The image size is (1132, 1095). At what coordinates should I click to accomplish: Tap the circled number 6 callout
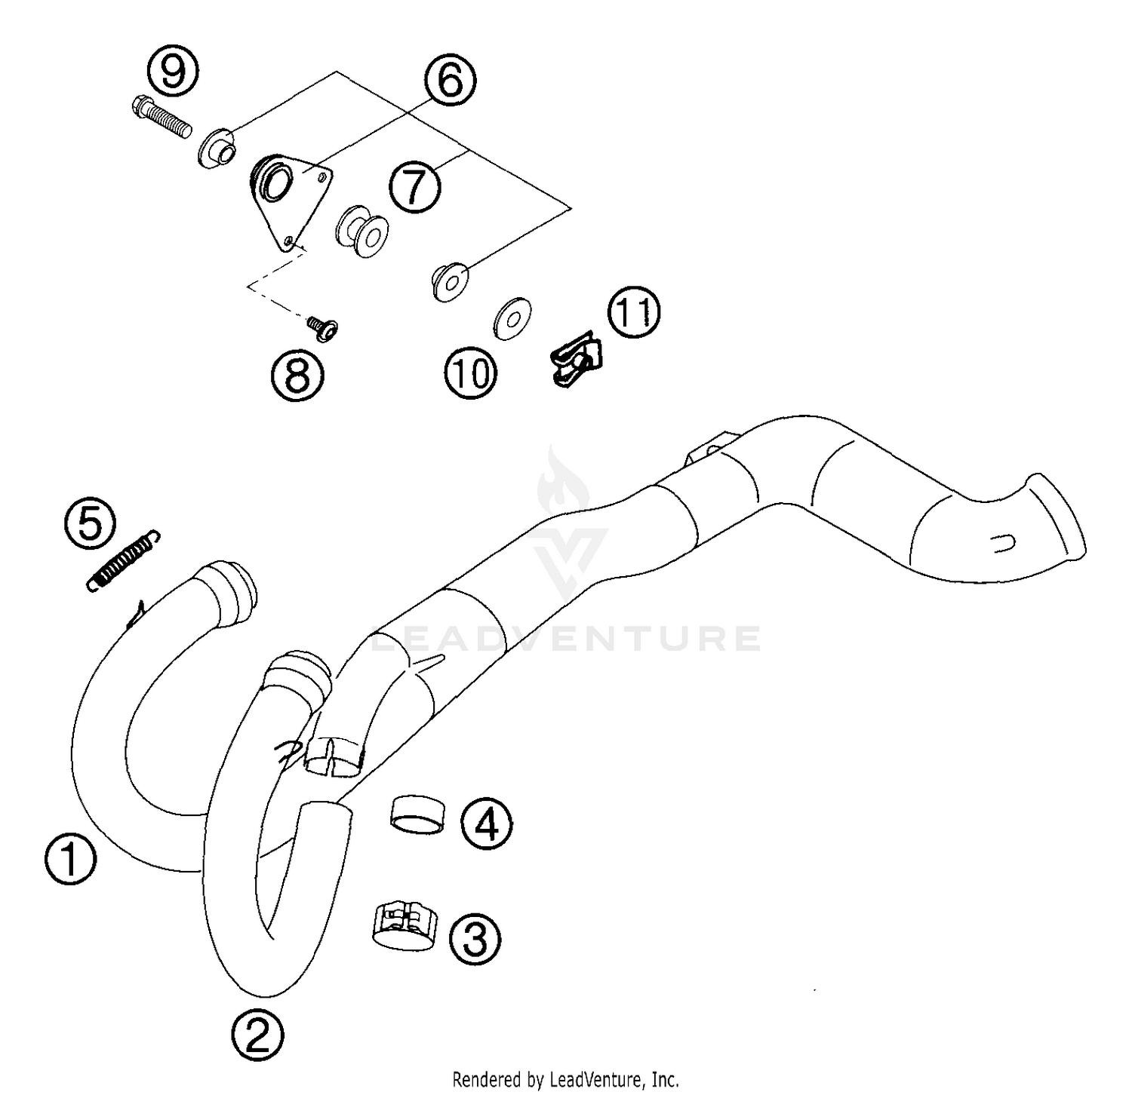point(450,81)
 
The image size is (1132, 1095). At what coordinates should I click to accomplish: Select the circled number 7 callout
point(415,186)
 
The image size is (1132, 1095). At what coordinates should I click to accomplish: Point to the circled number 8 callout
point(297,375)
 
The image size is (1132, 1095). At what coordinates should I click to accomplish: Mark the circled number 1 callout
point(69,860)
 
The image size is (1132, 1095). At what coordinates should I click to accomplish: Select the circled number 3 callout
point(475,939)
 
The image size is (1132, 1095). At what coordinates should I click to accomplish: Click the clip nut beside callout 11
point(576,362)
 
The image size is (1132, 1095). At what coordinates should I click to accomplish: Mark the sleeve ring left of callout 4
point(416,815)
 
